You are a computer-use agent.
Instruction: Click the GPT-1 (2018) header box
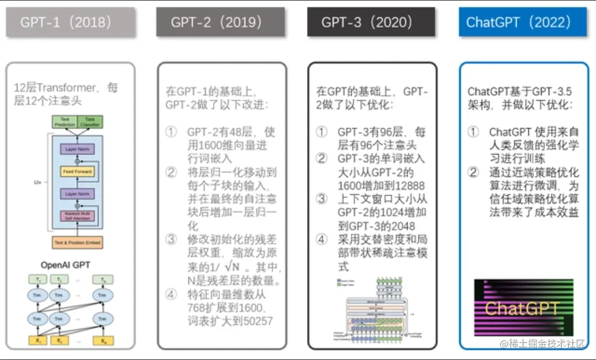[70, 22]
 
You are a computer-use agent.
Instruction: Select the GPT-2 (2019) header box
[221, 22]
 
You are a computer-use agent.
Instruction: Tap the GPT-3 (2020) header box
[371, 22]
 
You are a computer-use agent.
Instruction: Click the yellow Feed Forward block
[78, 172]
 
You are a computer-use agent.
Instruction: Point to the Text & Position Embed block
[78, 242]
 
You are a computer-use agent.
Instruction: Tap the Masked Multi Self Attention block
[78, 216]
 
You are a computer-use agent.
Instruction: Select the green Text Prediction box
[65, 121]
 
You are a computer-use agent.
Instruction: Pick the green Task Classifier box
[90, 121]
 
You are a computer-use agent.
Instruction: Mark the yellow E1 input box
[38, 340]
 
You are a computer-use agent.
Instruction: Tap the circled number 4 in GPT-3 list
[321, 239]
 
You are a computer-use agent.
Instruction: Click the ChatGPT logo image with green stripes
[524, 307]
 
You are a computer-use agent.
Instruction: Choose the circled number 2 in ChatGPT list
[473, 172]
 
